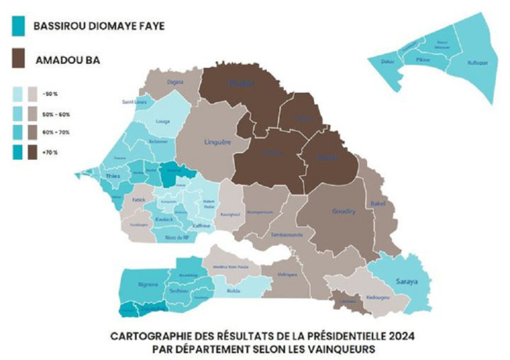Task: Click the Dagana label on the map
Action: [x=175, y=80]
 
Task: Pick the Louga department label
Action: [x=162, y=122]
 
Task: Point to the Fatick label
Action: [x=140, y=200]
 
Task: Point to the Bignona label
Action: [x=147, y=286]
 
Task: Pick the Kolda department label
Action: [x=231, y=291]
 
